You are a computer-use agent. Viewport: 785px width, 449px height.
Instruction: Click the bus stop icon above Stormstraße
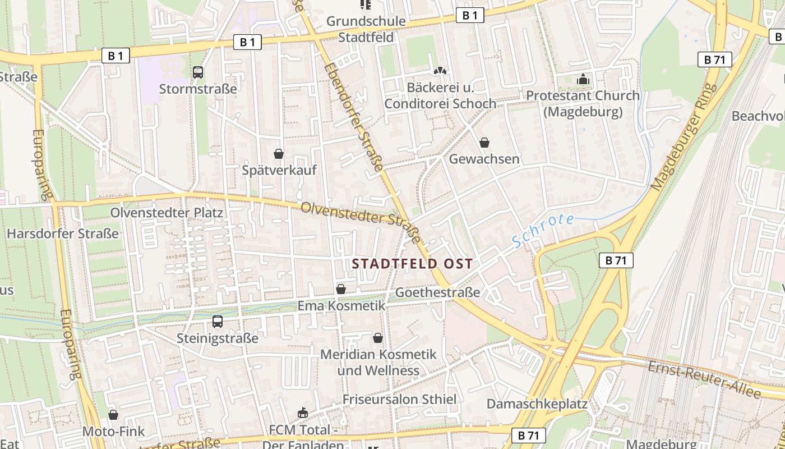pyautogui.click(x=198, y=72)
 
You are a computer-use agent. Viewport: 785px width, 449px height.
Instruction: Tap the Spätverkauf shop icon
pyautogui.click(x=279, y=154)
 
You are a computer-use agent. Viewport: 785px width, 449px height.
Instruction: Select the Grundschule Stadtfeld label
pyautogui.click(x=366, y=29)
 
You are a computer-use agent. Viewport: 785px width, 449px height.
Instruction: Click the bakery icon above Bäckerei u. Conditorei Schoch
pyautogui.click(x=441, y=71)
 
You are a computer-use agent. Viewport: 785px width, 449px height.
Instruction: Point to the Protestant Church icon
pyautogui.click(x=583, y=79)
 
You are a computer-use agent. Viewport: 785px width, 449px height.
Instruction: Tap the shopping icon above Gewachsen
pyautogui.click(x=484, y=143)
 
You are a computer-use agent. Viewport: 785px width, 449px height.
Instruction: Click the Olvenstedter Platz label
pyautogui.click(x=167, y=213)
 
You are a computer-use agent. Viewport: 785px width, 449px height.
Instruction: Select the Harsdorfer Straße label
pyautogui.click(x=63, y=233)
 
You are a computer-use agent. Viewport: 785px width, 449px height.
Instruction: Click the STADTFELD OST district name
pyautogui.click(x=412, y=264)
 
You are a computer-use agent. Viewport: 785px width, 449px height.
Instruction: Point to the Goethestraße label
pyautogui.click(x=438, y=292)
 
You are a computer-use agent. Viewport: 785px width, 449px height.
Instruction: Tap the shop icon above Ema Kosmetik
pyautogui.click(x=341, y=289)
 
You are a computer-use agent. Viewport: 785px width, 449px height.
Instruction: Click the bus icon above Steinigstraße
pyautogui.click(x=218, y=322)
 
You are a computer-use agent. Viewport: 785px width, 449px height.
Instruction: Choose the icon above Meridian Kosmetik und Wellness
pyautogui.click(x=378, y=338)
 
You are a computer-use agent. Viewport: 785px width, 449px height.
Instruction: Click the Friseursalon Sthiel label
pyautogui.click(x=400, y=399)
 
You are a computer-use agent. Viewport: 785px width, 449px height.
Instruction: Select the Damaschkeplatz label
pyautogui.click(x=537, y=404)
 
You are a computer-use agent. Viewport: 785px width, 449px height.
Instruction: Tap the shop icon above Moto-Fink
pyautogui.click(x=113, y=415)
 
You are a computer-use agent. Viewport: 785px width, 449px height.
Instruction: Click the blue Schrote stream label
pyautogui.click(x=543, y=230)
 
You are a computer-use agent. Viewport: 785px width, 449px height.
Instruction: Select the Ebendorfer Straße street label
pyautogui.click(x=353, y=116)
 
